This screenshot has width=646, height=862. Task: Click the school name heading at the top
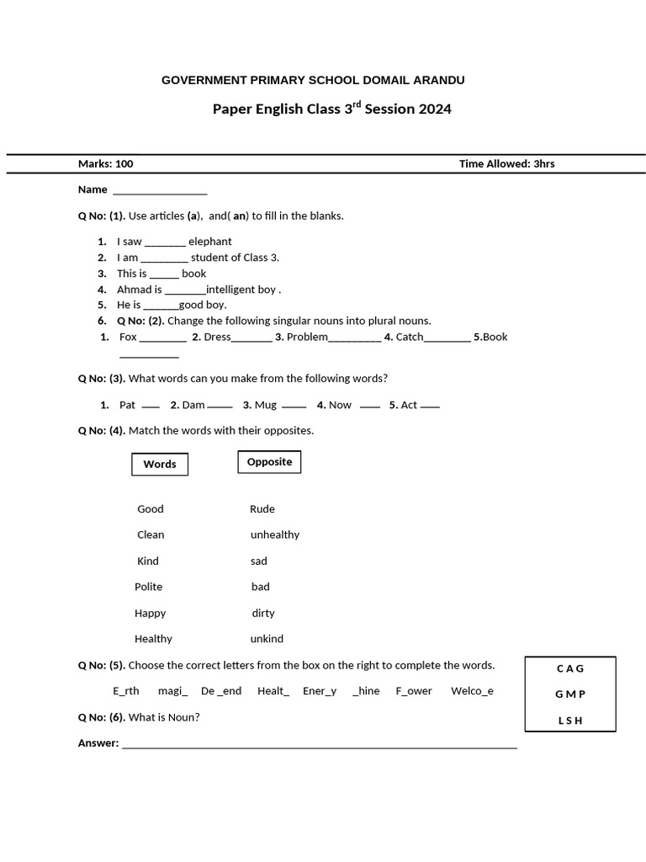pyautogui.click(x=312, y=80)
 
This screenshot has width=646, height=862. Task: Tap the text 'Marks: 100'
pyautogui.click(x=105, y=163)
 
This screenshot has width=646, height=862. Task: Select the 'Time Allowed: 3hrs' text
pyautogui.click(x=506, y=163)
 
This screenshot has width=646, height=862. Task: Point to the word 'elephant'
pyautogui.click(x=209, y=242)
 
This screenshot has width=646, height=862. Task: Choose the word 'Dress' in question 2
pyautogui.click(x=216, y=337)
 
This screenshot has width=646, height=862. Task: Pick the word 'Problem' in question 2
pyautogui.click(x=307, y=337)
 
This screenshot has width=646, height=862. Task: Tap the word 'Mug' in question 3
pyautogui.click(x=265, y=405)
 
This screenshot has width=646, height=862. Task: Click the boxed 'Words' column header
pyautogui.click(x=160, y=464)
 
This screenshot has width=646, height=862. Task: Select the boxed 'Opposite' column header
pyautogui.click(x=269, y=461)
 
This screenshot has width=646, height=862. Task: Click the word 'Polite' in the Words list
pyautogui.click(x=148, y=587)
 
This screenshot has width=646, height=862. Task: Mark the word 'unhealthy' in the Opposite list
pyautogui.click(x=274, y=535)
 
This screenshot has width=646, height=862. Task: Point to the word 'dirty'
pyautogui.click(x=262, y=613)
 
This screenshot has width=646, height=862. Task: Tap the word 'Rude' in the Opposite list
pyautogui.click(x=262, y=508)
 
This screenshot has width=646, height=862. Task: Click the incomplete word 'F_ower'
pyautogui.click(x=413, y=690)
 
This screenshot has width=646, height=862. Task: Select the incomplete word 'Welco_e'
pyautogui.click(x=472, y=690)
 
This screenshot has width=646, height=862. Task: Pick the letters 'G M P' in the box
pyautogui.click(x=569, y=694)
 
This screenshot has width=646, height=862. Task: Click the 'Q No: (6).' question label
pyautogui.click(x=101, y=717)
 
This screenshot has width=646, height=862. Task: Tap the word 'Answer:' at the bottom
pyautogui.click(x=98, y=743)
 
